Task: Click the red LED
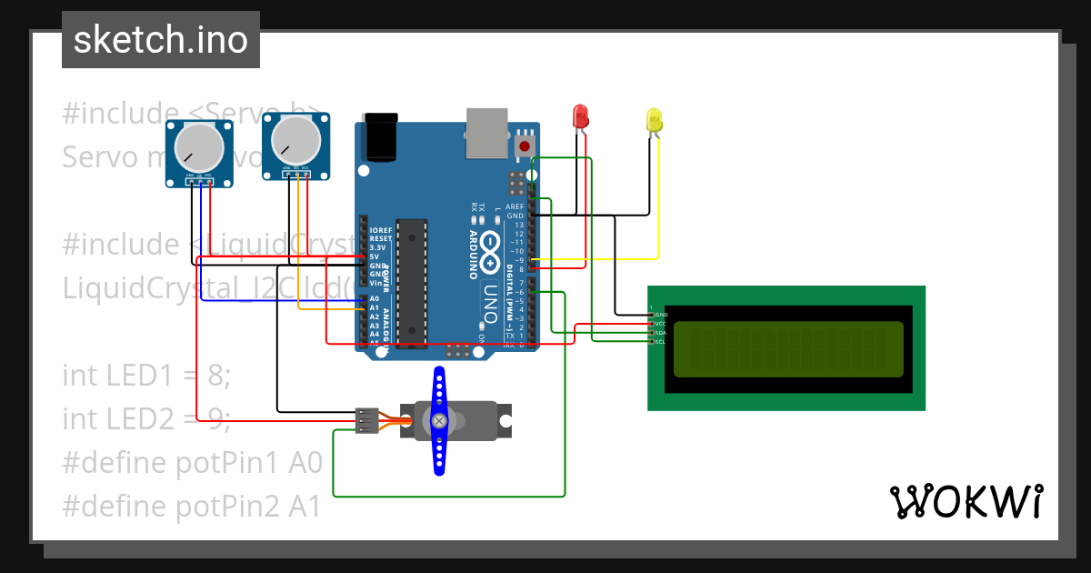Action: [x=580, y=116]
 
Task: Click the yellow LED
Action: [x=654, y=120]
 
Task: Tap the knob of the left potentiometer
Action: [x=198, y=146]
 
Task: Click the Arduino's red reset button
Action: [x=525, y=146]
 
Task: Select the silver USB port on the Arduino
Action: [x=488, y=135]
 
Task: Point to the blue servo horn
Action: [x=439, y=420]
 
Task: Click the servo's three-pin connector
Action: [x=365, y=421]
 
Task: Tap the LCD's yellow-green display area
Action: [x=788, y=349]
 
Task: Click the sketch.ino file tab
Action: [x=161, y=40]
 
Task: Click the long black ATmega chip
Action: [x=414, y=283]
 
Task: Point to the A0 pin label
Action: [x=374, y=298]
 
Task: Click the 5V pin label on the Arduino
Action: [x=374, y=256]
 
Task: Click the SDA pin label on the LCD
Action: [x=661, y=333]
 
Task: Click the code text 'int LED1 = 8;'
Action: [x=146, y=375]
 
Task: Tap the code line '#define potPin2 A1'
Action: [x=192, y=506]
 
